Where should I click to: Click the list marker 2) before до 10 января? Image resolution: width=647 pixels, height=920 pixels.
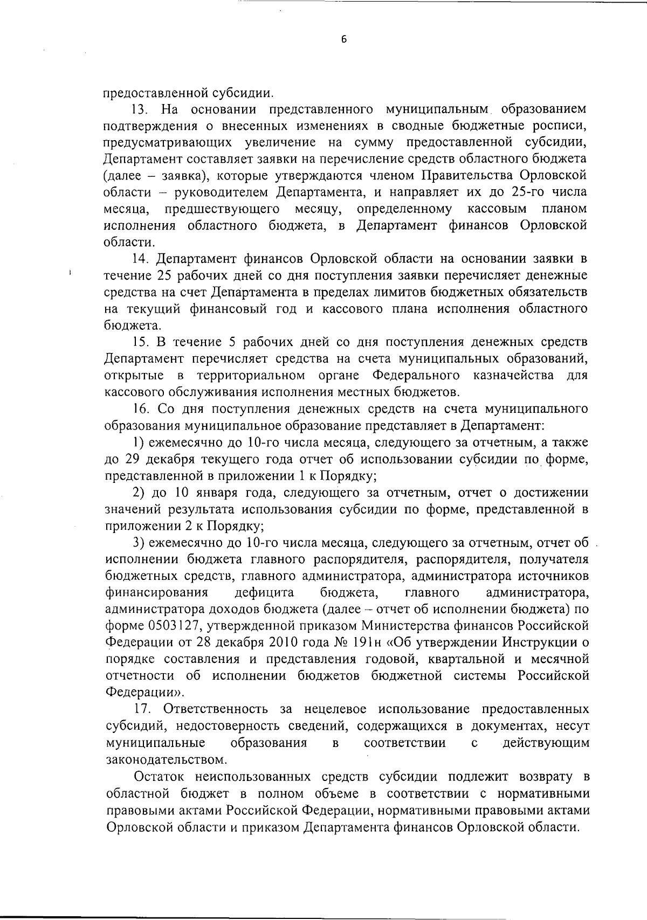coord(139,493)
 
